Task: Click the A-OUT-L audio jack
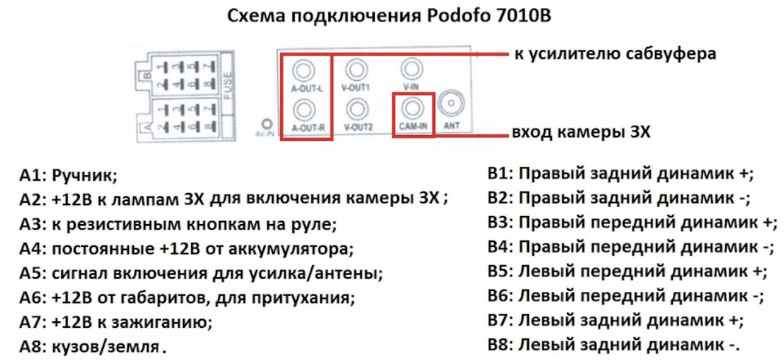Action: [x=306, y=69]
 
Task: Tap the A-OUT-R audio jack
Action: [x=306, y=110]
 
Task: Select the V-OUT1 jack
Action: [x=358, y=69]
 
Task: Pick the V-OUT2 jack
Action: [x=358, y=110]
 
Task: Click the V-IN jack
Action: [x=411, y=68]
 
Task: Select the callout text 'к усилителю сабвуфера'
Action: [x=616, y=54]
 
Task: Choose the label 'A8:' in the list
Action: [x=31, y=347]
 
